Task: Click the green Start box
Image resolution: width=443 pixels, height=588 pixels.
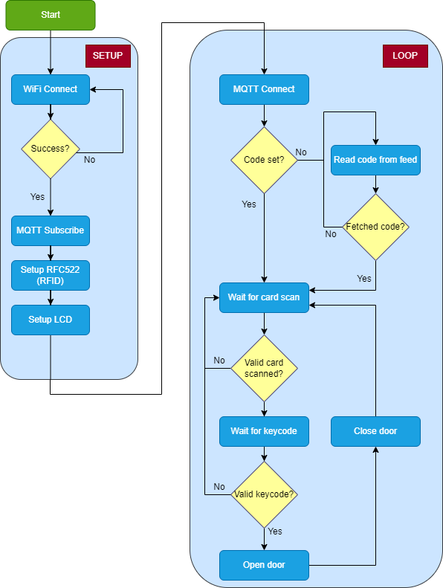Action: point(51,15)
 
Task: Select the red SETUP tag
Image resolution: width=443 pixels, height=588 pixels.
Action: point(108,56)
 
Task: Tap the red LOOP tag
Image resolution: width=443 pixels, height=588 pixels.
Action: point(405,56)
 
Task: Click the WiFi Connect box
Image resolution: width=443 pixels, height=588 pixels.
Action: point(50,89)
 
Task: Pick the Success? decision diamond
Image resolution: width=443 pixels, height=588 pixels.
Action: point(50,149)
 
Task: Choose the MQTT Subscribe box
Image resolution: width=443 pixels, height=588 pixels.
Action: point(50,230)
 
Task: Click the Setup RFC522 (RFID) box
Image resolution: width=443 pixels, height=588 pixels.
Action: point(50,275)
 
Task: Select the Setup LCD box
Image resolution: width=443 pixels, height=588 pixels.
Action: point(50,320)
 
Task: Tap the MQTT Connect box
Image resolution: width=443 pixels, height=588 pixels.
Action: point(264,89)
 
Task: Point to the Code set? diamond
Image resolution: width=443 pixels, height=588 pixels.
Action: point(264,160)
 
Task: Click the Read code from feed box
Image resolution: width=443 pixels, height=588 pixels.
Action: point(375,160)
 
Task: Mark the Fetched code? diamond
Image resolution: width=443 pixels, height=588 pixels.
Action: point(375,227)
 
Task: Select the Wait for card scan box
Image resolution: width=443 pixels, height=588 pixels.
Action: point(264,297)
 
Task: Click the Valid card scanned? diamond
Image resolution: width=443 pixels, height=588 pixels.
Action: point(264,368)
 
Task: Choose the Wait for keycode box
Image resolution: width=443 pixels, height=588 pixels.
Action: point(264,431)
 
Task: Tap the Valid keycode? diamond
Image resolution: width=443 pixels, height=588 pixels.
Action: point(264,494)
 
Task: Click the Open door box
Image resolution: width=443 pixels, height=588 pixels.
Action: point(264,565)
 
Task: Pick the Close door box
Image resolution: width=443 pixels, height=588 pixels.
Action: point(375,431)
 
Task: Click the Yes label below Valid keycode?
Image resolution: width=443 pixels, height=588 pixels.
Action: point(275,532)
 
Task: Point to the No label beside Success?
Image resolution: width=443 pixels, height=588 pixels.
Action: point(89,159)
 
